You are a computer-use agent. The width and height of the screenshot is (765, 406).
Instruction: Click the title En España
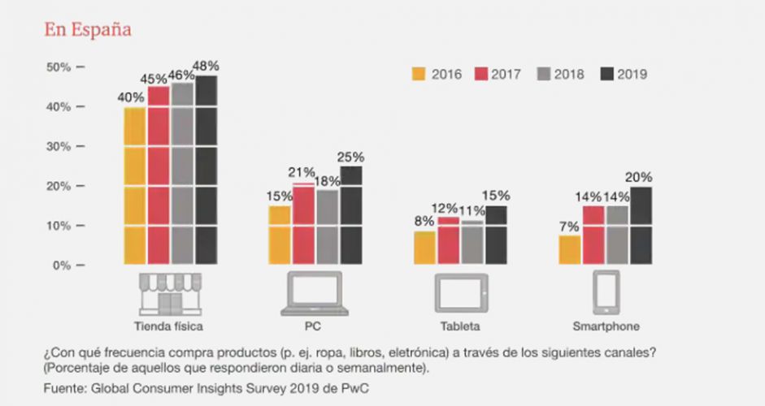click(x=88, y=29)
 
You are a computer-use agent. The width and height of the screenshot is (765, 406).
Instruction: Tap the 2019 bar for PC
click(x=351, y=215)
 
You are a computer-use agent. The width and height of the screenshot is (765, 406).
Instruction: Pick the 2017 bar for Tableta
click(x=449, y=240)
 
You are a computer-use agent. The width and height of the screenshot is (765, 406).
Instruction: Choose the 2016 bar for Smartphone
click(x=569, y=249)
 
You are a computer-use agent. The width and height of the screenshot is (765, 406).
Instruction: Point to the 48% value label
click(x=206, y=65)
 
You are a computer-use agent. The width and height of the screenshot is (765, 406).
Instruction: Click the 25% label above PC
click(x=351, y=157)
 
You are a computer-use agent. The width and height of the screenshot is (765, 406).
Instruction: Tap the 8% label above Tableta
click(x=424, y=219)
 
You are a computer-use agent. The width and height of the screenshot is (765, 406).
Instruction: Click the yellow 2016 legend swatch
click(x=419, y=74)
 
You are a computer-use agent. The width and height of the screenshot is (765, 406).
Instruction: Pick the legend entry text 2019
click(x=632, y=74)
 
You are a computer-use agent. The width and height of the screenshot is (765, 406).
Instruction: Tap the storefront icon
click(x=169, y=294)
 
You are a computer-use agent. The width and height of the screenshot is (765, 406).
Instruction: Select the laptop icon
click(x=315, y=294)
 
